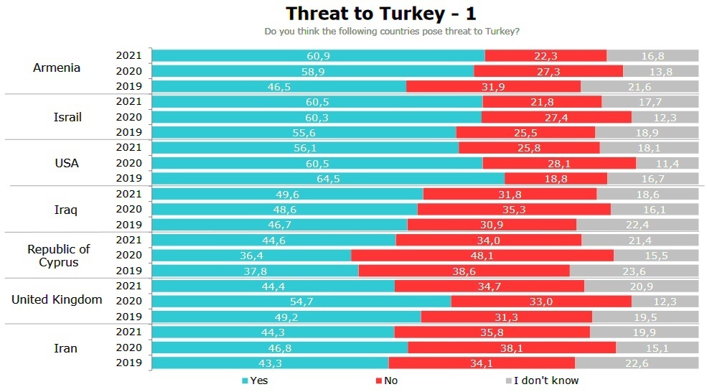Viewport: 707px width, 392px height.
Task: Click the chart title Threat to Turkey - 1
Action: click(x=380, y=14)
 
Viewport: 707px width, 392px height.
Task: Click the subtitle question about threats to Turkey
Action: click(x=392, y=32)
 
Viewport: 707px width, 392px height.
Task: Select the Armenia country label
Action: click(x=57, y=68)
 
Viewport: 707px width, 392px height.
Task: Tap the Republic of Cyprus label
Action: click(x=59, y=256)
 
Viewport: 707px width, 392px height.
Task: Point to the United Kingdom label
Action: click(x=57, y=299)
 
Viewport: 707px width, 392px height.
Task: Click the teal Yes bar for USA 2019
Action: click(x=328, y=178)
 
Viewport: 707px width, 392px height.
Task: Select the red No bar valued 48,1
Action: click(x=482, y=256)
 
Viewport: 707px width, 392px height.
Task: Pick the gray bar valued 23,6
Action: click(x=634, y=271)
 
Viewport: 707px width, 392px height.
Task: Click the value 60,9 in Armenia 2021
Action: click(x=318, y=56)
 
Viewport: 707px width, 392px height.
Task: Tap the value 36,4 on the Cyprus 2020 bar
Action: click(x=251, y=256)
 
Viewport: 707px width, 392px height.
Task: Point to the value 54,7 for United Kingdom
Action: click(x=301, y=302)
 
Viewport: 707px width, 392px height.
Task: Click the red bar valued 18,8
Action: click(x=556, y=178)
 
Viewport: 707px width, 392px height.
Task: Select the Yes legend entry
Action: click(x=254, y=381)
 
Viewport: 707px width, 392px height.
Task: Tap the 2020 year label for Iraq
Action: click(x=129, y=209)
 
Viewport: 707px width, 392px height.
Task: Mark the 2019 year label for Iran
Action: click(x=129, y=363)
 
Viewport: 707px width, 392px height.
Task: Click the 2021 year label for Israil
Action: click(x=129, y=102)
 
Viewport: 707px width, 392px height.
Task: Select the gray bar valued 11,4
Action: click(x=667, y=163)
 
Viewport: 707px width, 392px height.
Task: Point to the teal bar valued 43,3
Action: click(x=270, y=363)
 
